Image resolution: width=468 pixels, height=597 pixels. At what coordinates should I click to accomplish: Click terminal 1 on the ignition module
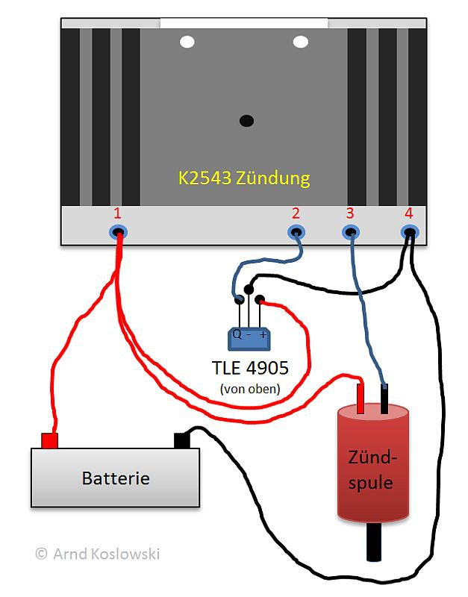(117, 233)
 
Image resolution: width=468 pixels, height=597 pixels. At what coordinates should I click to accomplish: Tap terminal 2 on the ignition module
(296, 233)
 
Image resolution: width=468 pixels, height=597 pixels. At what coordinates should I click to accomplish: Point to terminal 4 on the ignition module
(409, 233)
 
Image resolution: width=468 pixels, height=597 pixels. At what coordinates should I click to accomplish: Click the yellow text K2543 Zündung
(243, 179)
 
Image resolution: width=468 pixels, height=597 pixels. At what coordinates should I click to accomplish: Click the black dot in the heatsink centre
(246, 120)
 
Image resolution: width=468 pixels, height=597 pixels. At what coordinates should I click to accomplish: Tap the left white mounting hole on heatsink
(187, 42)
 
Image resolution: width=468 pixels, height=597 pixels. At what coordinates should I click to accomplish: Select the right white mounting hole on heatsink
(300, 42)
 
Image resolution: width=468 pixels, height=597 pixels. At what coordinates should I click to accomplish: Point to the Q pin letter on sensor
(237, 334)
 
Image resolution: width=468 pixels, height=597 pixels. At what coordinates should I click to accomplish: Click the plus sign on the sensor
(263, 335)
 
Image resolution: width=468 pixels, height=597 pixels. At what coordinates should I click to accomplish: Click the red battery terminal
(49, 440)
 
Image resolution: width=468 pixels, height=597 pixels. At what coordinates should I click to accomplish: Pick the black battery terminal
(182, 440)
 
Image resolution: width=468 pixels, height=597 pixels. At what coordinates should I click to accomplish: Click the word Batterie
(115, 478)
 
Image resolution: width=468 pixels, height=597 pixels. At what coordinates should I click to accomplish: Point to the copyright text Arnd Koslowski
(97, 554)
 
